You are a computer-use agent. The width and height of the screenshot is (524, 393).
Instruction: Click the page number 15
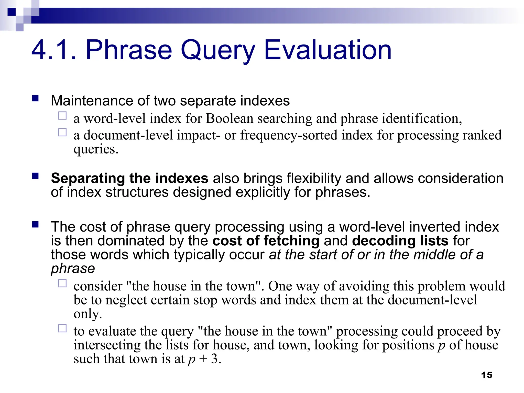point(486,375)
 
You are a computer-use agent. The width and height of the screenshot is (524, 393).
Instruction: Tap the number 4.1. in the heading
point(54,50)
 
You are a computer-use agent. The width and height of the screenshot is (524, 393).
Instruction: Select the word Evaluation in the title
point(327,50)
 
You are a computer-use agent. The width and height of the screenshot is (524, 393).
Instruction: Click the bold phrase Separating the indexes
point(129,178)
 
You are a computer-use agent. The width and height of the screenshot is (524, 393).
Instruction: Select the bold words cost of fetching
point(266,241)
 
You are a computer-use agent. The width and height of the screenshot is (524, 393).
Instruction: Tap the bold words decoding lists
point(400,241)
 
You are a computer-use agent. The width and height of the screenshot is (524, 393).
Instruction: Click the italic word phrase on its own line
point(73,269)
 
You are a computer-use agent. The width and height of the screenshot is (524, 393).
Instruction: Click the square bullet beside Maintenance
point(35,99)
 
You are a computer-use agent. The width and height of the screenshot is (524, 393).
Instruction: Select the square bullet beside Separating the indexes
point(35,176)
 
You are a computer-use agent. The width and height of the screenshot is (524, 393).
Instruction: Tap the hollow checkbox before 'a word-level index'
point(62,116)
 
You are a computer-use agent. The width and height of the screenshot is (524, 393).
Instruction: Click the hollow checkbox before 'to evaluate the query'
point(62,328)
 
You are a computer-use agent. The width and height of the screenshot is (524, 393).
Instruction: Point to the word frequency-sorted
point(289,135)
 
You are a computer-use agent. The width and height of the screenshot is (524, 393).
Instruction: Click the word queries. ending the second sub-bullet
point(96,149)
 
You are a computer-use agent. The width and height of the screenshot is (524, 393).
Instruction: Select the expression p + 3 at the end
point(204,359)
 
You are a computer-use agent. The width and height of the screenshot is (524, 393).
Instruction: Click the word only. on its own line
point(88,314)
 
